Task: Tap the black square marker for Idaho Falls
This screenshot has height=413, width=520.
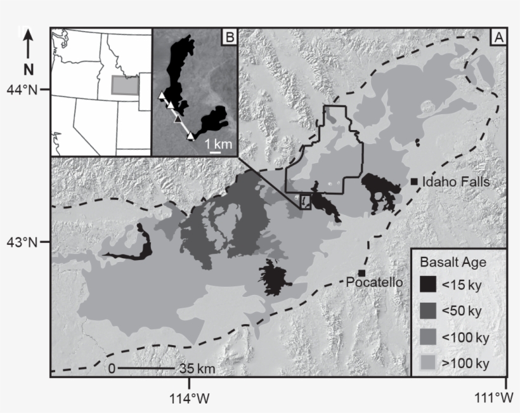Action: click(x=414, y=182)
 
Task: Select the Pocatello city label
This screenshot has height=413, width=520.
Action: click(x=375, y=282)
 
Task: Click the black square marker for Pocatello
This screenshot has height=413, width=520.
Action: click(x=361, y=272)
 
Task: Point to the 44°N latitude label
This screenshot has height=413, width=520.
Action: click(x=22, y=89)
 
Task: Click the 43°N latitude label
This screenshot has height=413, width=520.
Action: click(x=22, y=242)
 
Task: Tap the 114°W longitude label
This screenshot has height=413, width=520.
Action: click(x=189, y=398)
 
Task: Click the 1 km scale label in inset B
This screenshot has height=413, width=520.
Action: click(x=217, y=144)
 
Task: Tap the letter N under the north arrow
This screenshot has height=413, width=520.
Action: click(x=28, y=69)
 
